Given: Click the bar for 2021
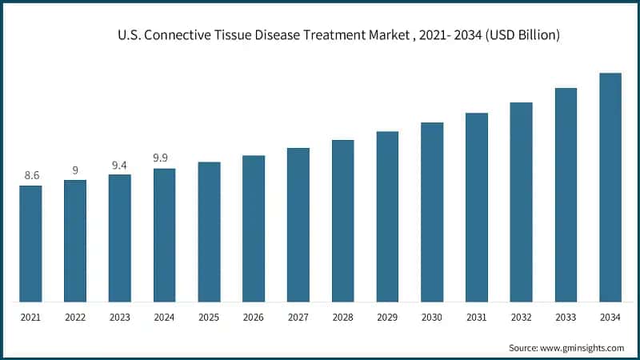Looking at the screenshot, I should click(30, 244).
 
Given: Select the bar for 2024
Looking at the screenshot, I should click(164, 235).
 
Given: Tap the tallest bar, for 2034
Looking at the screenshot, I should click(610, 188).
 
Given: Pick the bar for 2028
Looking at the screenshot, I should click(342, 221).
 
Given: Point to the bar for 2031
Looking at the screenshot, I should click(477, 207).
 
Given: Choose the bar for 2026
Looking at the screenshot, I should click(254, 229).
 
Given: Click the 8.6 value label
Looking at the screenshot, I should click(31, 175).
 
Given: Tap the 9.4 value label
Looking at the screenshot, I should click(120, 165).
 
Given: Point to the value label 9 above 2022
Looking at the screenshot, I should click(75, 170).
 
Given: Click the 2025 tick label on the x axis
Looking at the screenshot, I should click(209, 318).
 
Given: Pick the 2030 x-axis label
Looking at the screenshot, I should click(432, 318).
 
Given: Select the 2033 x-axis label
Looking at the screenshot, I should click(566, 318).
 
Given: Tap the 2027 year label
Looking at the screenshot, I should click(298, 318).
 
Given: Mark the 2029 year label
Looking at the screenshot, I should click(387, 318).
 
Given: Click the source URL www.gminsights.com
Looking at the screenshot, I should click(583, 348).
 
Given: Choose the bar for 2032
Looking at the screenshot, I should click(522, 202).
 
